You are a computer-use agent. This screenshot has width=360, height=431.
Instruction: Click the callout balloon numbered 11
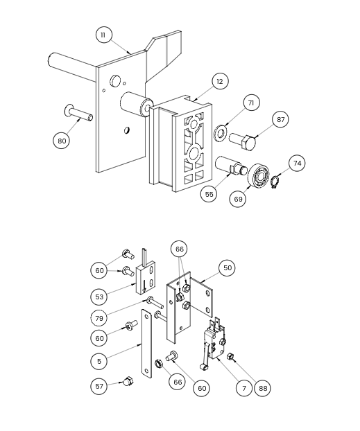(x=103, y=35)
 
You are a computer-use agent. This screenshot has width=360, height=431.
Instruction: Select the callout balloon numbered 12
(x=220, y=81)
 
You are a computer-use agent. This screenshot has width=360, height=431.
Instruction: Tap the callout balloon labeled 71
(x=251, y=103)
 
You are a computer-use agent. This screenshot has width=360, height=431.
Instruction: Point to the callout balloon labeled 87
(x=280, y=120)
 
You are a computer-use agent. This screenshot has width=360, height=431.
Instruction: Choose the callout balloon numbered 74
(x=297, y=164)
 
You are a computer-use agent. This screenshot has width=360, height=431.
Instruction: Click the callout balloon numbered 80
(x=61, y=141)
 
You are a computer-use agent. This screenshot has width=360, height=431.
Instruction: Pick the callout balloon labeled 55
(x=209, y=194)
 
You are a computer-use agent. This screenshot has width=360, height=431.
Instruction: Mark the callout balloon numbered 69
(x=238, y=198)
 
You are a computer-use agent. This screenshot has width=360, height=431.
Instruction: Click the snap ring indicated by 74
(x=275, y=183)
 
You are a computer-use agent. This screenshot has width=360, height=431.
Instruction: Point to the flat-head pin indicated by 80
(x=78, y=113)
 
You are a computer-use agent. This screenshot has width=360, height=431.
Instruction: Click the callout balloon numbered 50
(x=228, y=267)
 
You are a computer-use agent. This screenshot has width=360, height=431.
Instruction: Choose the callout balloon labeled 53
(x=99, y=297)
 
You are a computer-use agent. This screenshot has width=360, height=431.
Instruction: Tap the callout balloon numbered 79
(x=99, y=318)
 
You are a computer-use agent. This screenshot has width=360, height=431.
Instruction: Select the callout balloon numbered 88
(x=263, y=388)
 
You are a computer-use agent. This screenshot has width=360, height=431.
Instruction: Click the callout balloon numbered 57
(x=99, y=386)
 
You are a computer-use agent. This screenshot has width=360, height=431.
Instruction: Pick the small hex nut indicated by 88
(x=230, y=356)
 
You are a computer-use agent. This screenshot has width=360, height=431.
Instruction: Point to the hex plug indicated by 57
(x=128, y=381)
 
